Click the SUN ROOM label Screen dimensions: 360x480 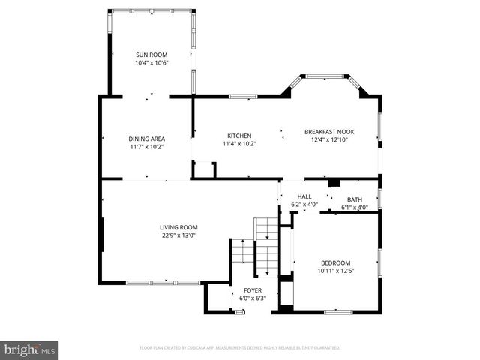click(x=151, y=55)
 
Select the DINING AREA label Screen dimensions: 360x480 click(x=146, y=139)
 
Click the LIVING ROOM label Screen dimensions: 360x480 click(x=178, y=227)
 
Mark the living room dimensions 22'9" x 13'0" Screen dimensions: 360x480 click(x=178, y=235)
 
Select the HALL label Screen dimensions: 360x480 click(x=304, y=196)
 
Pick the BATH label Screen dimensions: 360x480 click(x=354, y=199)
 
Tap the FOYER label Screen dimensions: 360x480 click(x=252, y=289)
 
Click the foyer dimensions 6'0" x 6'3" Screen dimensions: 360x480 click(x=252, y=298)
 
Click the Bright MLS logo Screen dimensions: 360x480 click(x=30, y=349)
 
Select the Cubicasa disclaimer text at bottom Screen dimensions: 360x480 click(x=240, y=348)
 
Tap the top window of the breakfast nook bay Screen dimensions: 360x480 click(x=325, y=76)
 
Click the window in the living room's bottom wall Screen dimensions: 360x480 click(x=163, y=283)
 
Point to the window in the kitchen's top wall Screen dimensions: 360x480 click(x=243, y=96)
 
